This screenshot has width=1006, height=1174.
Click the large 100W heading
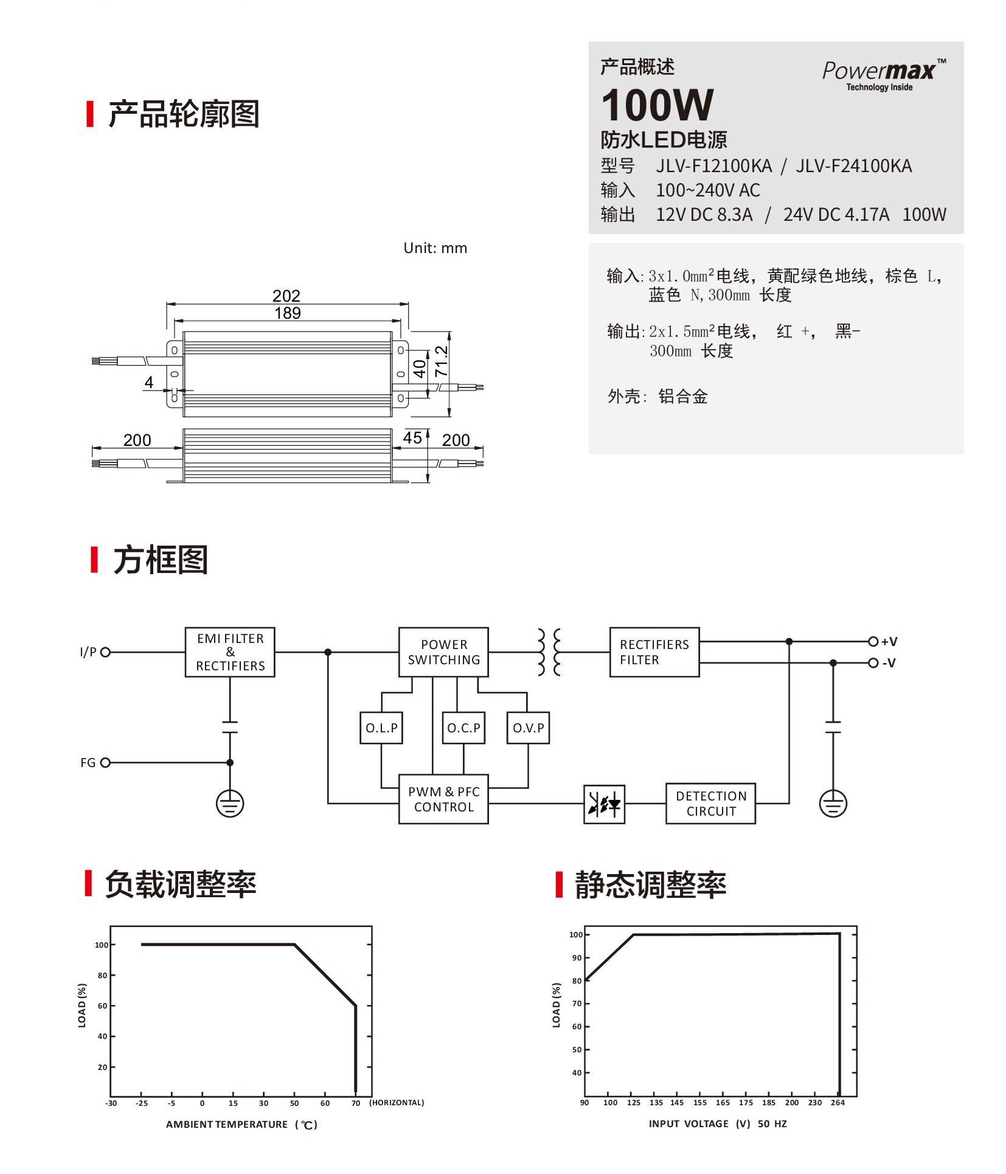657,105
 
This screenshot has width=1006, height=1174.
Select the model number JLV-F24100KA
853,165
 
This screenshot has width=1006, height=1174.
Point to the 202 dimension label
286,296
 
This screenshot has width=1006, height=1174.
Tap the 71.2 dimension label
441,361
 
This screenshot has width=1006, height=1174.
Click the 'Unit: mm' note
435,248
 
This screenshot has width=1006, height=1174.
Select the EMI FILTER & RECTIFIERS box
230,652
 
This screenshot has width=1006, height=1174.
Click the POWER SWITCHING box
443,652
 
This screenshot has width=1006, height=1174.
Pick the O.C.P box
463,728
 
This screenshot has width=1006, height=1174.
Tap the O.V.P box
528,728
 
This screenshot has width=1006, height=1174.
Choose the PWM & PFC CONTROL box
443,799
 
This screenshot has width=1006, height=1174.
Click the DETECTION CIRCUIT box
710,804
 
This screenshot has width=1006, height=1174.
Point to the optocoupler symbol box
604,804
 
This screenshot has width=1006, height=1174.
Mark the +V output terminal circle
873,641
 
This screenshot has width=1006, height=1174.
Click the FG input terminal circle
105,762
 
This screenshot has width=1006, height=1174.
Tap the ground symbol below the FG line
230,804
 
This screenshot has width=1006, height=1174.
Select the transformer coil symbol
549,652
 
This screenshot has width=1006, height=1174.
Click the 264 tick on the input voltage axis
838,1102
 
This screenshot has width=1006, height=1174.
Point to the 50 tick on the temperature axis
294,1103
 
